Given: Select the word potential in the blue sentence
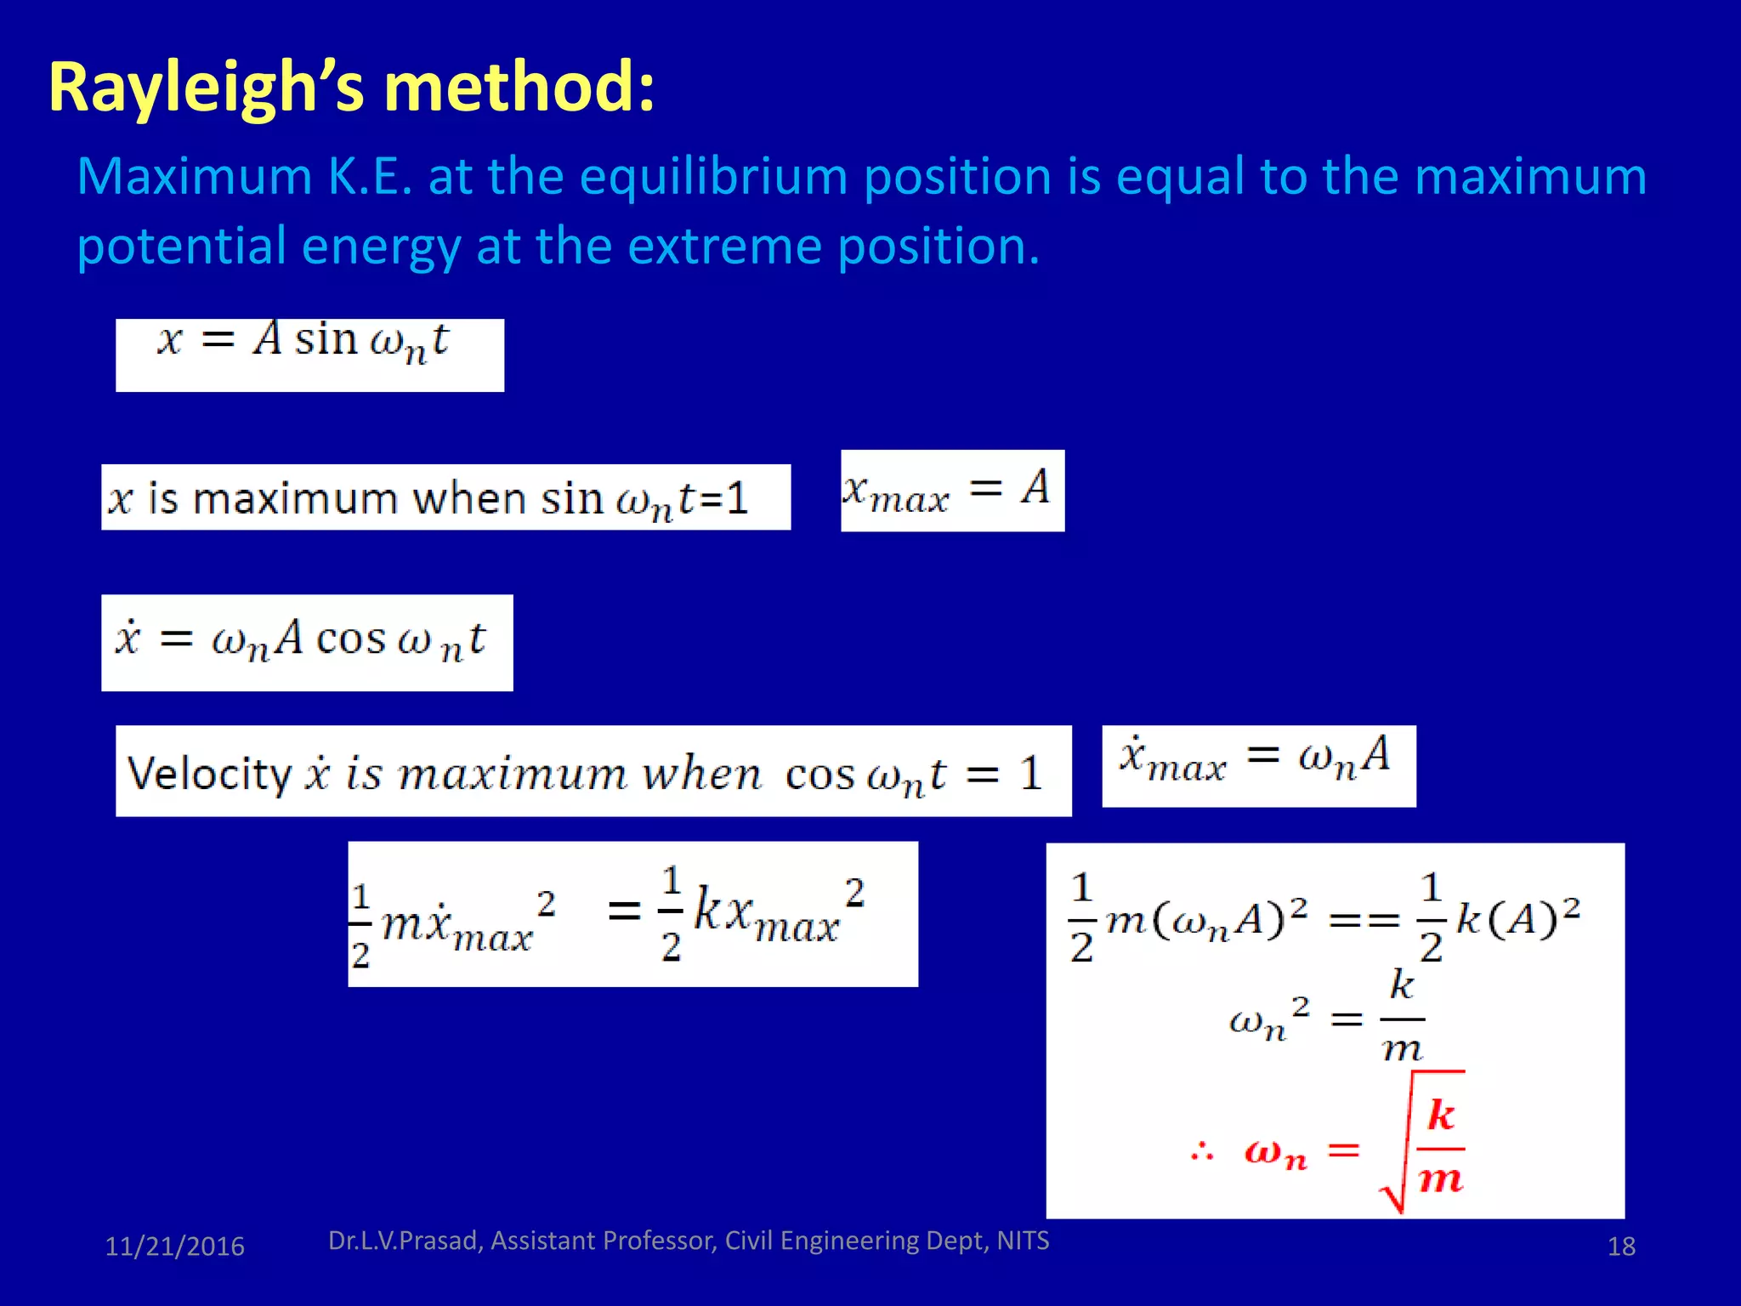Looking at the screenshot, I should [180, 247].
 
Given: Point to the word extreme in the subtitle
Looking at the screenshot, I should [725, 247].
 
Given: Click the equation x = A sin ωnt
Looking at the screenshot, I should [304, 342].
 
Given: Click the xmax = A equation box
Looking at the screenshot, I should [951, 491].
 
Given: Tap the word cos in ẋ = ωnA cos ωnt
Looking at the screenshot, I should [350, 639].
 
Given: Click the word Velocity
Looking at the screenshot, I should [209, 774].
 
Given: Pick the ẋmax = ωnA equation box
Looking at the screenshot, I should [1257, 759].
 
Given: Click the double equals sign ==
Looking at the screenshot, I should [1364, 921].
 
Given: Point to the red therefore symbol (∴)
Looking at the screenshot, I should [1202, 1153].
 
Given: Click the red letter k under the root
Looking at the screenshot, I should [1440, 1115].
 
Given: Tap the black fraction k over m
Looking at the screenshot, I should [1402, 1017].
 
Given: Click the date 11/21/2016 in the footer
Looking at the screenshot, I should [174, 1246].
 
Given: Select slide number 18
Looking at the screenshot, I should [1621, 1246].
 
